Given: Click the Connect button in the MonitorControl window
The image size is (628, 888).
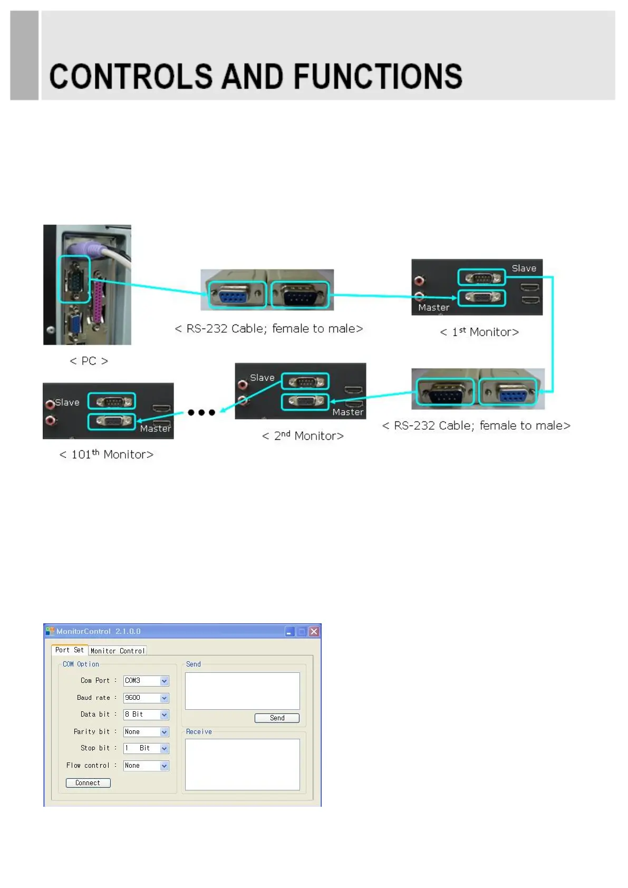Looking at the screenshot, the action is (88, 783).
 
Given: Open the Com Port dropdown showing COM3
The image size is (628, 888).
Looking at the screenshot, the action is (146, 681).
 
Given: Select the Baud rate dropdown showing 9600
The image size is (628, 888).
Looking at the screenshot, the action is (146, 698).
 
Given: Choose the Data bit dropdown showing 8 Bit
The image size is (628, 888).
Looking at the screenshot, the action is (146, 715).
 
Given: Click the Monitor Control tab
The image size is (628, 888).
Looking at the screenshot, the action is (117, 651).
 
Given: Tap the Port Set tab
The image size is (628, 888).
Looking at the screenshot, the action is (69, 650).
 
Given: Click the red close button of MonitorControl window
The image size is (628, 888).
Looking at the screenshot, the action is (314, 631).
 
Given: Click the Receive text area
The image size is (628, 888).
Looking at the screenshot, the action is (242, 764).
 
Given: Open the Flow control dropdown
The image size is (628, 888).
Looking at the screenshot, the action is (146, 766).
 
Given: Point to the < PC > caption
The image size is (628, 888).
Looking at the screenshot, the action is (89, 361).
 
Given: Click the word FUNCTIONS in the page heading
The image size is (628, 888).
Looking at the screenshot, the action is (378, 77).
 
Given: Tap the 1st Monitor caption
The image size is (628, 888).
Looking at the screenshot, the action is (479, 332).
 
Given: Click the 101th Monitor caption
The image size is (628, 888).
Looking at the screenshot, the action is (107, 455).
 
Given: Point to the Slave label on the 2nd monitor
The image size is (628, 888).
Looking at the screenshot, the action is (262, 378).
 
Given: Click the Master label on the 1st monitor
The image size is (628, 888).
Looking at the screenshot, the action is (433, 307).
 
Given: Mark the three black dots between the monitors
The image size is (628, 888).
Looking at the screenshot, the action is (201, 412).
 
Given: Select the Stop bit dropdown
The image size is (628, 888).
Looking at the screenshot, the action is (146, 748).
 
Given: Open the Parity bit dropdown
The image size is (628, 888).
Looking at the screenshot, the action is (146, 732).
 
